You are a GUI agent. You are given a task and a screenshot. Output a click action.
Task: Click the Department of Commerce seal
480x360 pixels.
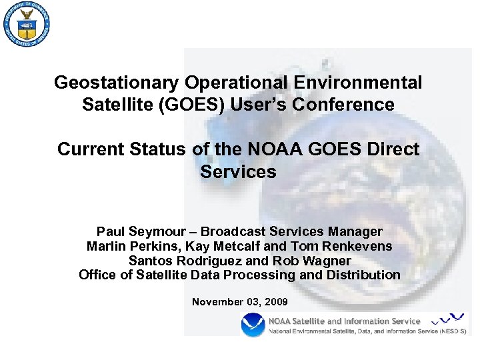pos(27,25)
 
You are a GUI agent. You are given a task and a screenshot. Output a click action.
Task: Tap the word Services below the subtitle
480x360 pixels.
pos(238,171)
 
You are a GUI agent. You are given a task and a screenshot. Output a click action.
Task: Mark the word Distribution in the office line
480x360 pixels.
pos(361,275)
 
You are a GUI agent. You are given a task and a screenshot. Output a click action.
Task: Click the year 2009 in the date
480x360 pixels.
pos(276,302)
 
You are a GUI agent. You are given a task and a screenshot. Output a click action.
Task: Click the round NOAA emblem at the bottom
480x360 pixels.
pos(253,325)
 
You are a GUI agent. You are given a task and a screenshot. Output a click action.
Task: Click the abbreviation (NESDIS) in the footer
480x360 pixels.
pos(452,331)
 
